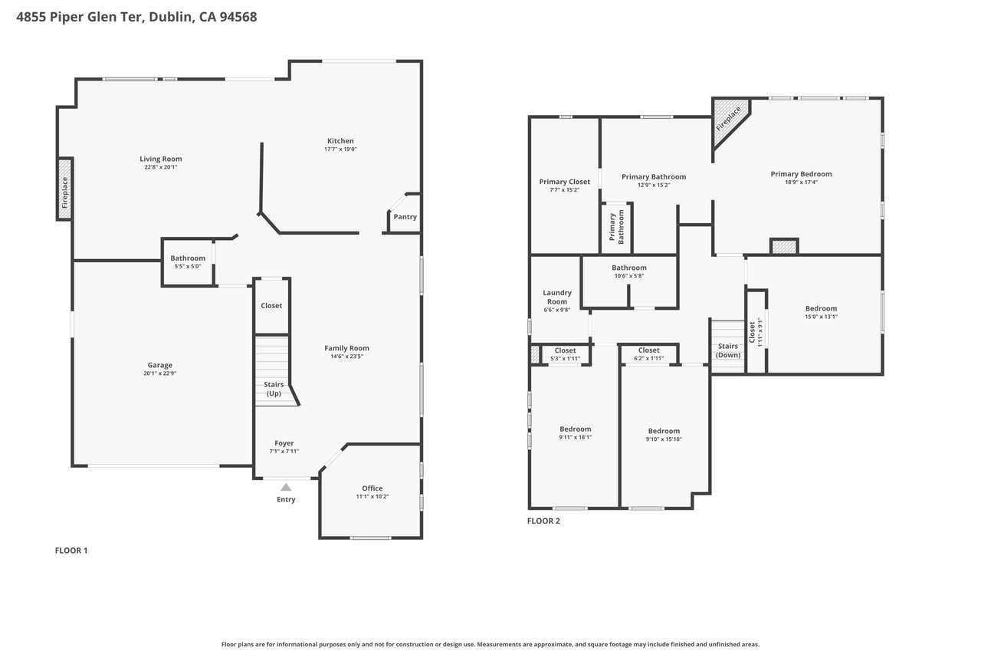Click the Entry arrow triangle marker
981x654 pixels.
[x=286, y=487]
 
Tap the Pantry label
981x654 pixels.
[x=405, y=217]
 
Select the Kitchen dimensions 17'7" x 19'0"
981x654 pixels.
[x=341, y=149]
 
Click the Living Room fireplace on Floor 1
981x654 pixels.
[x=65, y=189]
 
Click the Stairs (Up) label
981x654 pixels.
[x=274, y=389]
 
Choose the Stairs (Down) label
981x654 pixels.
[x=728, y=350]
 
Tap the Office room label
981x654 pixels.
[x=372, y=488]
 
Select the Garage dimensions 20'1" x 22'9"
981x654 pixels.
[x=160, y=373]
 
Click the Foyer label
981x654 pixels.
[x=284, y=443]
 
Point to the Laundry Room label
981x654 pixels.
[x=557, y=297]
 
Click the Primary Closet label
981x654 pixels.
[x=565, y=182]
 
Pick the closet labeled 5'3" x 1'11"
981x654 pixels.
[x=565, y=354]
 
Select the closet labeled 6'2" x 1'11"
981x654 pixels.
[x=648, y=354]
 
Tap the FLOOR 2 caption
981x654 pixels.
[x=543, y=521]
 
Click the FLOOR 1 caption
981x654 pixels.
[x=71, y=550]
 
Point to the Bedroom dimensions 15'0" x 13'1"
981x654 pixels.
[x=821, y=317]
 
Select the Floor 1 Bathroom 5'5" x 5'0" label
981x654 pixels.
[x=188, y=262]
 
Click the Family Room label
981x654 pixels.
[x=347, y=348]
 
